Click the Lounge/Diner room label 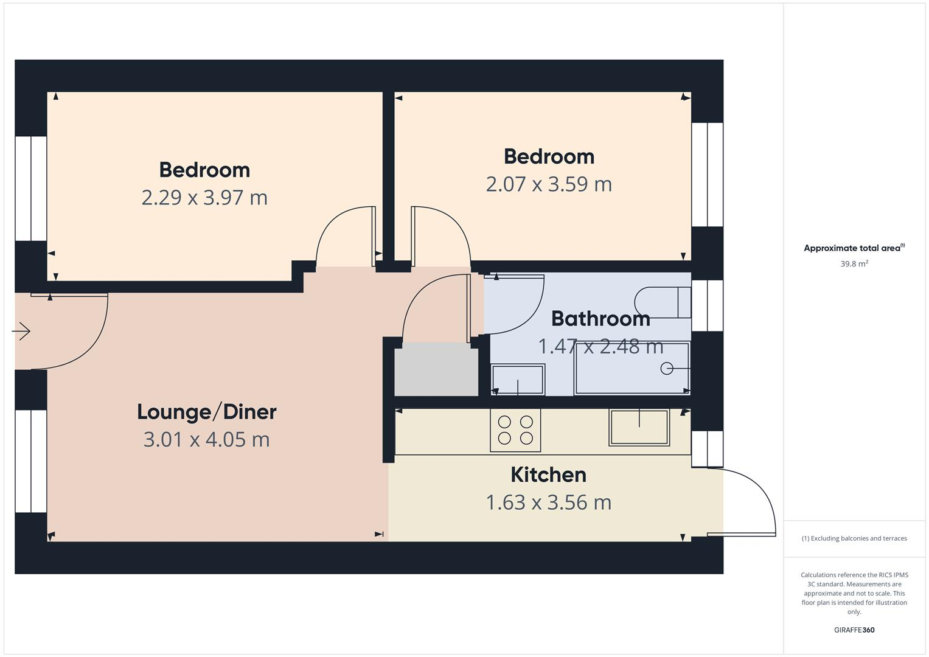click(207, 412)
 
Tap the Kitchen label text click(548, 474)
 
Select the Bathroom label click(600, 318)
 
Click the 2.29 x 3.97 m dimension click(204, 198)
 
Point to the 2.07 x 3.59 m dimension click(549, 184)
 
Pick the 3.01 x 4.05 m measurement click(207, 439)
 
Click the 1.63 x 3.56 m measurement click(548, 502)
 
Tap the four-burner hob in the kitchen click(515, 430)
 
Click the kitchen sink click(639, 427)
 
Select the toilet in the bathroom click(662, 302)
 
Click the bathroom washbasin click(518, 380)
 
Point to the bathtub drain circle click(667, 368)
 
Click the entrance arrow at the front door click(21, 332)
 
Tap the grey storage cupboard click(436, 369)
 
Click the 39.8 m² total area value click(854, 264)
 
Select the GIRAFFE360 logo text click(854, 630)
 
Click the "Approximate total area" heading click(854, 248)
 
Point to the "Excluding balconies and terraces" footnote click(854, 538)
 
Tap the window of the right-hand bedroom click(707, 175)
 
